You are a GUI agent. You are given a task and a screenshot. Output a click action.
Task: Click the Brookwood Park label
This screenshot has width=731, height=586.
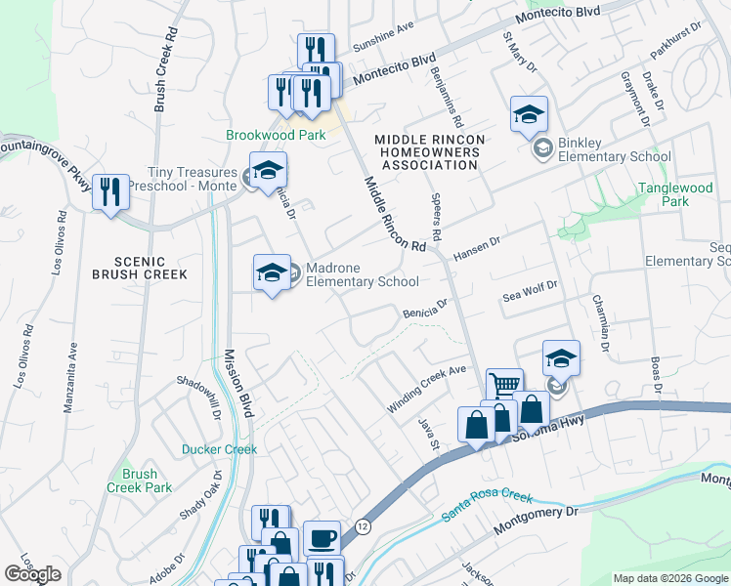pos(275,136)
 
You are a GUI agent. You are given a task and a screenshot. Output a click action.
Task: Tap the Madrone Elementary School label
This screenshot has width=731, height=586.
pos(362,274)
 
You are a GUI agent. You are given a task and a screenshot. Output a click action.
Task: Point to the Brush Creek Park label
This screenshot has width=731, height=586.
pos(139,481)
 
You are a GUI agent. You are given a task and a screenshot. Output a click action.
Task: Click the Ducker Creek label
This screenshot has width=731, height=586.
pos(219,449)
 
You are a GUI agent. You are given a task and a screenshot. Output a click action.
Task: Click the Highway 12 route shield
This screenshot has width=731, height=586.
pos(362,525)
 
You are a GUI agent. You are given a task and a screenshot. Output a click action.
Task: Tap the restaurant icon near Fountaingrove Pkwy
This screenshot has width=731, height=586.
pos(110,190)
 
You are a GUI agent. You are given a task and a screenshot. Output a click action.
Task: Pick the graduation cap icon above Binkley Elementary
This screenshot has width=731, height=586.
pos(529,115)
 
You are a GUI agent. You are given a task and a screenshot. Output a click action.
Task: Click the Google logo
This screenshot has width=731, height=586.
pos(32,574)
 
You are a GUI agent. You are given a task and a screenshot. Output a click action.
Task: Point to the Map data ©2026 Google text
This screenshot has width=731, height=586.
pos(669,578)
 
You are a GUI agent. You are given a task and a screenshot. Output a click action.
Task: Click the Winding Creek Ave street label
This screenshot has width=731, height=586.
pos(427,389)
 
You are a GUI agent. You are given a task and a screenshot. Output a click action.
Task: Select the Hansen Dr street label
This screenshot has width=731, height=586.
pos(477,247)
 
